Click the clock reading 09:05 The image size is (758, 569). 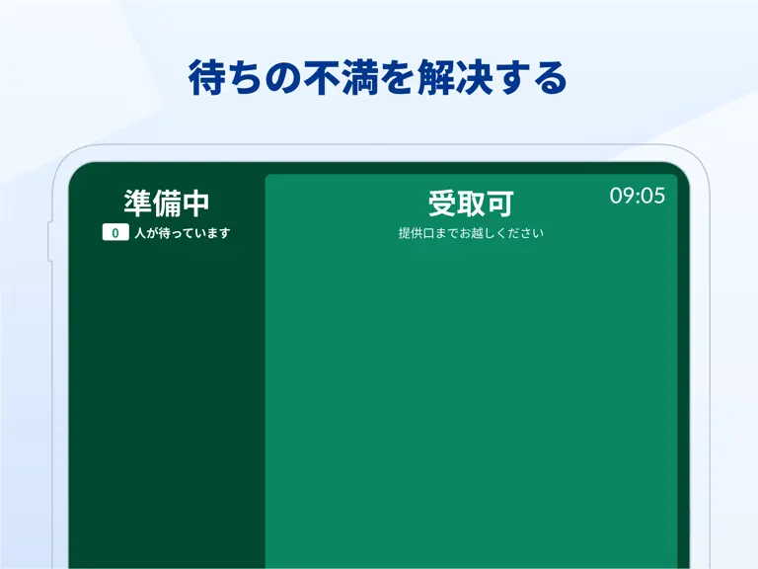(638, 196)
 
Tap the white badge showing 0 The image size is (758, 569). (115, 232)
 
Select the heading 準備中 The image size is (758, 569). (166, 203)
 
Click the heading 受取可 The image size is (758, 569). (471, 203)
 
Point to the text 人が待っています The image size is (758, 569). (183, 233)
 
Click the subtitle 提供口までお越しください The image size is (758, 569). (471, 233)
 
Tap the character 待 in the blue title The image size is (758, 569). (207, 77)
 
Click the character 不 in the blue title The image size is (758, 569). (322, 77)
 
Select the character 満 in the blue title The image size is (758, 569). (360, 77)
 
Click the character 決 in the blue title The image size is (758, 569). (474, 77)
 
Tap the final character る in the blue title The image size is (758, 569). (550, 77)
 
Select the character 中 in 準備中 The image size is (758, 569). (195, 203)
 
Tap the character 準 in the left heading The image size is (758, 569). (138, 203)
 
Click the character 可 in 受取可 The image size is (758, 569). (499, 203)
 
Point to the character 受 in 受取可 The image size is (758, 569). (442, 203)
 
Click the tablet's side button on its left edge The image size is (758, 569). (49, 242)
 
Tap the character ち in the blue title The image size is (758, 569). (246, 78)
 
